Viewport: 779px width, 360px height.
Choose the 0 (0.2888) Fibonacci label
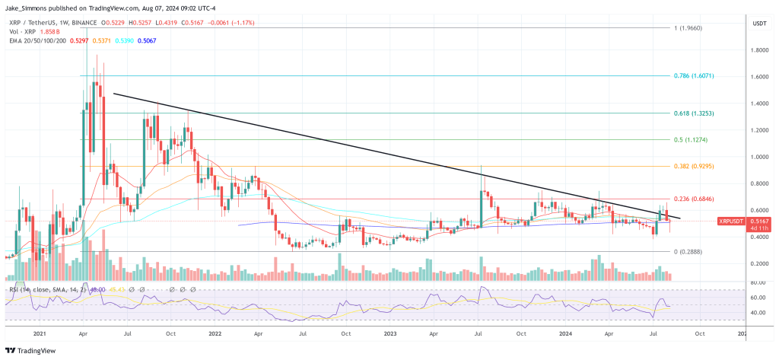tap(688, 251)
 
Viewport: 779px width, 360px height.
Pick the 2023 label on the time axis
tap(389, 332)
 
